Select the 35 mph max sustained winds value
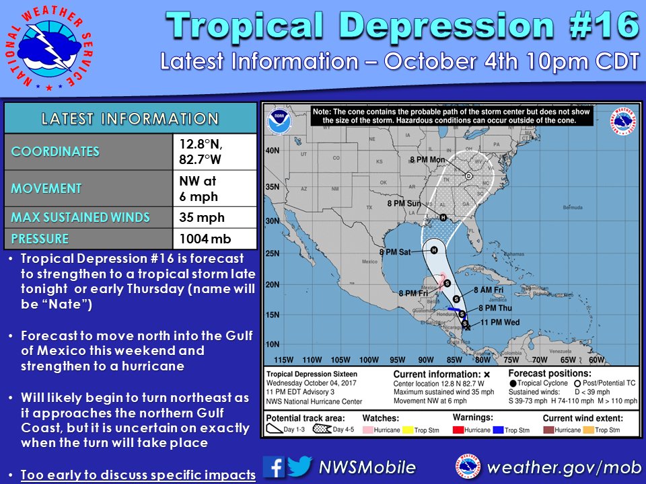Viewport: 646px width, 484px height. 202,217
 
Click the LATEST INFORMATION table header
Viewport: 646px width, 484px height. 130,119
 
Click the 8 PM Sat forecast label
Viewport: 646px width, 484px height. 399,252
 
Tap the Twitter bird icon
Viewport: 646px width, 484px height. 299,467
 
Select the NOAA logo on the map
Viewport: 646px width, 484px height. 277,122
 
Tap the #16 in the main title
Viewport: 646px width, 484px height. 597,25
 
